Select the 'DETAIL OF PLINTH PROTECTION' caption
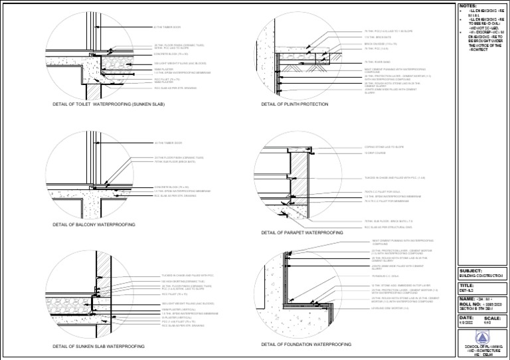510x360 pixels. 296,105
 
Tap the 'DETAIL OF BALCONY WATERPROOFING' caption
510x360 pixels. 94,225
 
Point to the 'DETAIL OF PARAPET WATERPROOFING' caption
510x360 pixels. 302,233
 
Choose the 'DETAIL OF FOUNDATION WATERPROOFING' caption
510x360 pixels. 306,345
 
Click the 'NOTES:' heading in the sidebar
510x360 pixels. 468,6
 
